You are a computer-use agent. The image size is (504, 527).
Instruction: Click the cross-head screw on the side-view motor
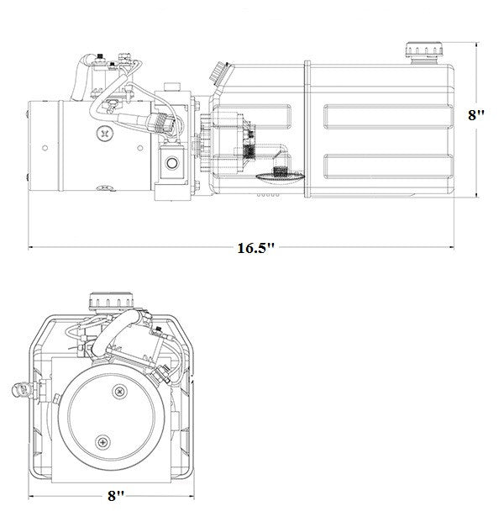coord(104,132)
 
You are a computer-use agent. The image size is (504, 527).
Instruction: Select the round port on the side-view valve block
coord(172,161)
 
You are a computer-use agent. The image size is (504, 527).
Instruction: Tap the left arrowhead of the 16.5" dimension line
coord(32,248)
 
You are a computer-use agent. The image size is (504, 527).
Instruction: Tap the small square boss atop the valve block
coord(172,87)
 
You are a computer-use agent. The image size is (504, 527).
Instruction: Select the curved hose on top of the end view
coord(117,332)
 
